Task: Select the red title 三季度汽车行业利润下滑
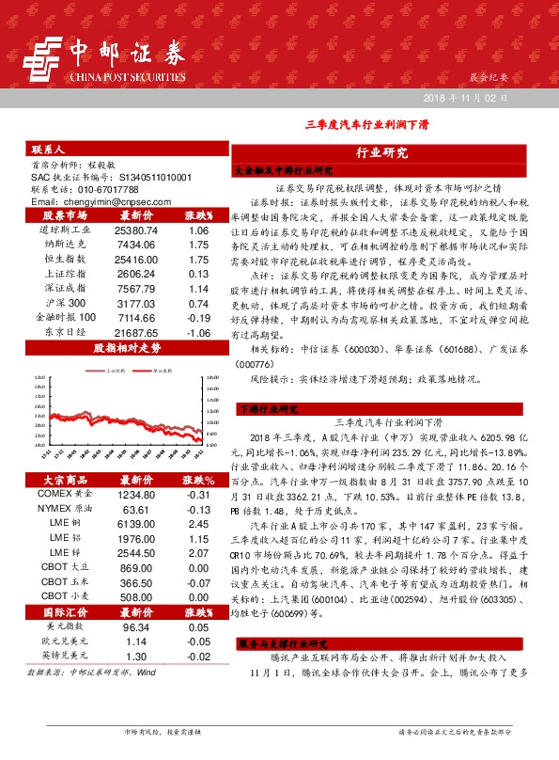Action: pyautogui.click(x=365, y=124)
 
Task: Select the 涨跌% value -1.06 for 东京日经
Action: pyautogui.click(x=197, y=333)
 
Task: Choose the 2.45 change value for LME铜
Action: pyautogui.click(x=197, y=523)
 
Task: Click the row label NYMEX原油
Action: pyautogui.click(x=66, y=509)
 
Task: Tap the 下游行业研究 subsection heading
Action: pyautogui.click(x=269, y=409)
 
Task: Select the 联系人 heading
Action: pyautogui.click(x=48, y=150)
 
